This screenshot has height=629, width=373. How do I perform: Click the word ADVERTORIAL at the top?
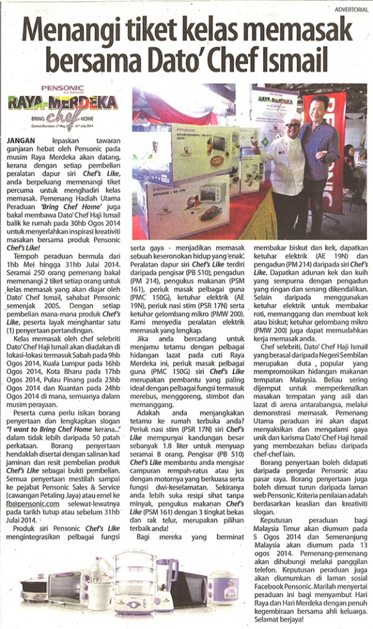pyautogui.click(x=351, y=9)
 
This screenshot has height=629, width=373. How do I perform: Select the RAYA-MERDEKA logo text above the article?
pyautogui.click(x=63, y=102)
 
